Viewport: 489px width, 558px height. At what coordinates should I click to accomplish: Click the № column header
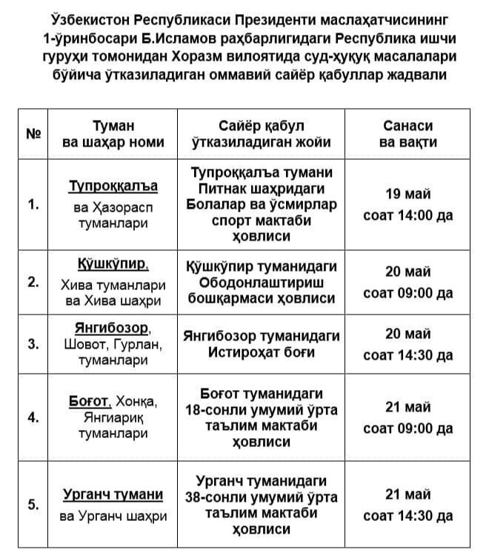pos(33,134)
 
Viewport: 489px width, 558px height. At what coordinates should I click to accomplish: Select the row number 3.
pos(33,343)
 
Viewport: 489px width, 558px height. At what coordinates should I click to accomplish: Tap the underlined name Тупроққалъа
pos(113,185)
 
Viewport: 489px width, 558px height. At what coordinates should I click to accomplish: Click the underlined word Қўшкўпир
pos(113,264)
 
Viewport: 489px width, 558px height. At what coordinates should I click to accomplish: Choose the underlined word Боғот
pos(89,400)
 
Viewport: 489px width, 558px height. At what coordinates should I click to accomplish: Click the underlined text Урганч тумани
pos(113,494)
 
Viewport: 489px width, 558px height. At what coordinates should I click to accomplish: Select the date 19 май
pos(408,193)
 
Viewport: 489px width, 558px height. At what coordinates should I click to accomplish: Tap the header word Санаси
pos(408,125)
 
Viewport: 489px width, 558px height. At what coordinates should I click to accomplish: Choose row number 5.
pos(33,505)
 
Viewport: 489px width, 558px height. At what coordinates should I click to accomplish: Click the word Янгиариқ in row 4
pos(113,417)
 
